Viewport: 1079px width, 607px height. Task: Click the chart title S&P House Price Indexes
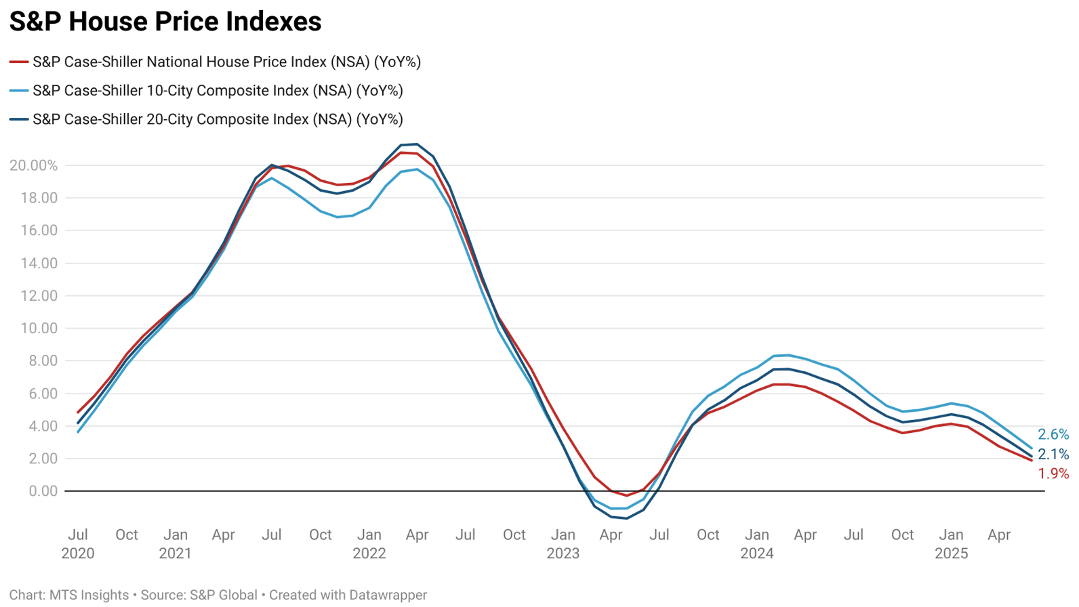[165, 22]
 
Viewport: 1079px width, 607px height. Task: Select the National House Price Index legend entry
[226, 62]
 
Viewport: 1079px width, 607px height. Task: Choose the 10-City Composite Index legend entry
[218, 91]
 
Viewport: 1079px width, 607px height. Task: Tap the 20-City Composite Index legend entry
[218, 119]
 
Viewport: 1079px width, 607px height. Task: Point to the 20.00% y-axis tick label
[33, 165]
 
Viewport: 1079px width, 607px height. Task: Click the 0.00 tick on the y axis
[43, 491]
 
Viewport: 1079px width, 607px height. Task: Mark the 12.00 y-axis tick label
[39, 296]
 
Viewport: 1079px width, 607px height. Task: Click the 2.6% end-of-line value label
[1053, 435]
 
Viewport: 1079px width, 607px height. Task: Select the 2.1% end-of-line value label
[1053, 455]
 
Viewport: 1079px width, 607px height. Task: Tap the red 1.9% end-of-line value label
[1053, 474]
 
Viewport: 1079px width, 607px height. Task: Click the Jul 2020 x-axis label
[78, 544]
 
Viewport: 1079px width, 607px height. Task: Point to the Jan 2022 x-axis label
[369, 544]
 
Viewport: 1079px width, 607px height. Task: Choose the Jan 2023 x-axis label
[563, 544]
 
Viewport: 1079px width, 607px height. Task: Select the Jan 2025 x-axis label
[952, 544]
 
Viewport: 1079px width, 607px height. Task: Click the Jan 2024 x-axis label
[757, 544]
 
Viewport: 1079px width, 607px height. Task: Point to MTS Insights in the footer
[89, 595]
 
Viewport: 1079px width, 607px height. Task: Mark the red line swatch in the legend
[19, 62]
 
